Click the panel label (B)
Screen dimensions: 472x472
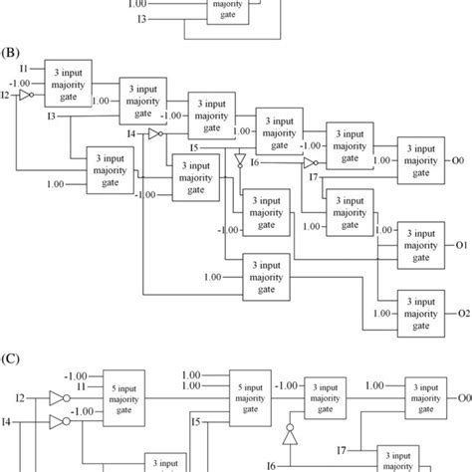coord(14,47)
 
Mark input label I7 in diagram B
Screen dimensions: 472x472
coord(314,176)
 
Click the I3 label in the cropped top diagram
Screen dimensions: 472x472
coord(141,19)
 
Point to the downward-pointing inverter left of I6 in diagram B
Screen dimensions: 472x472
coord(239,158)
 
